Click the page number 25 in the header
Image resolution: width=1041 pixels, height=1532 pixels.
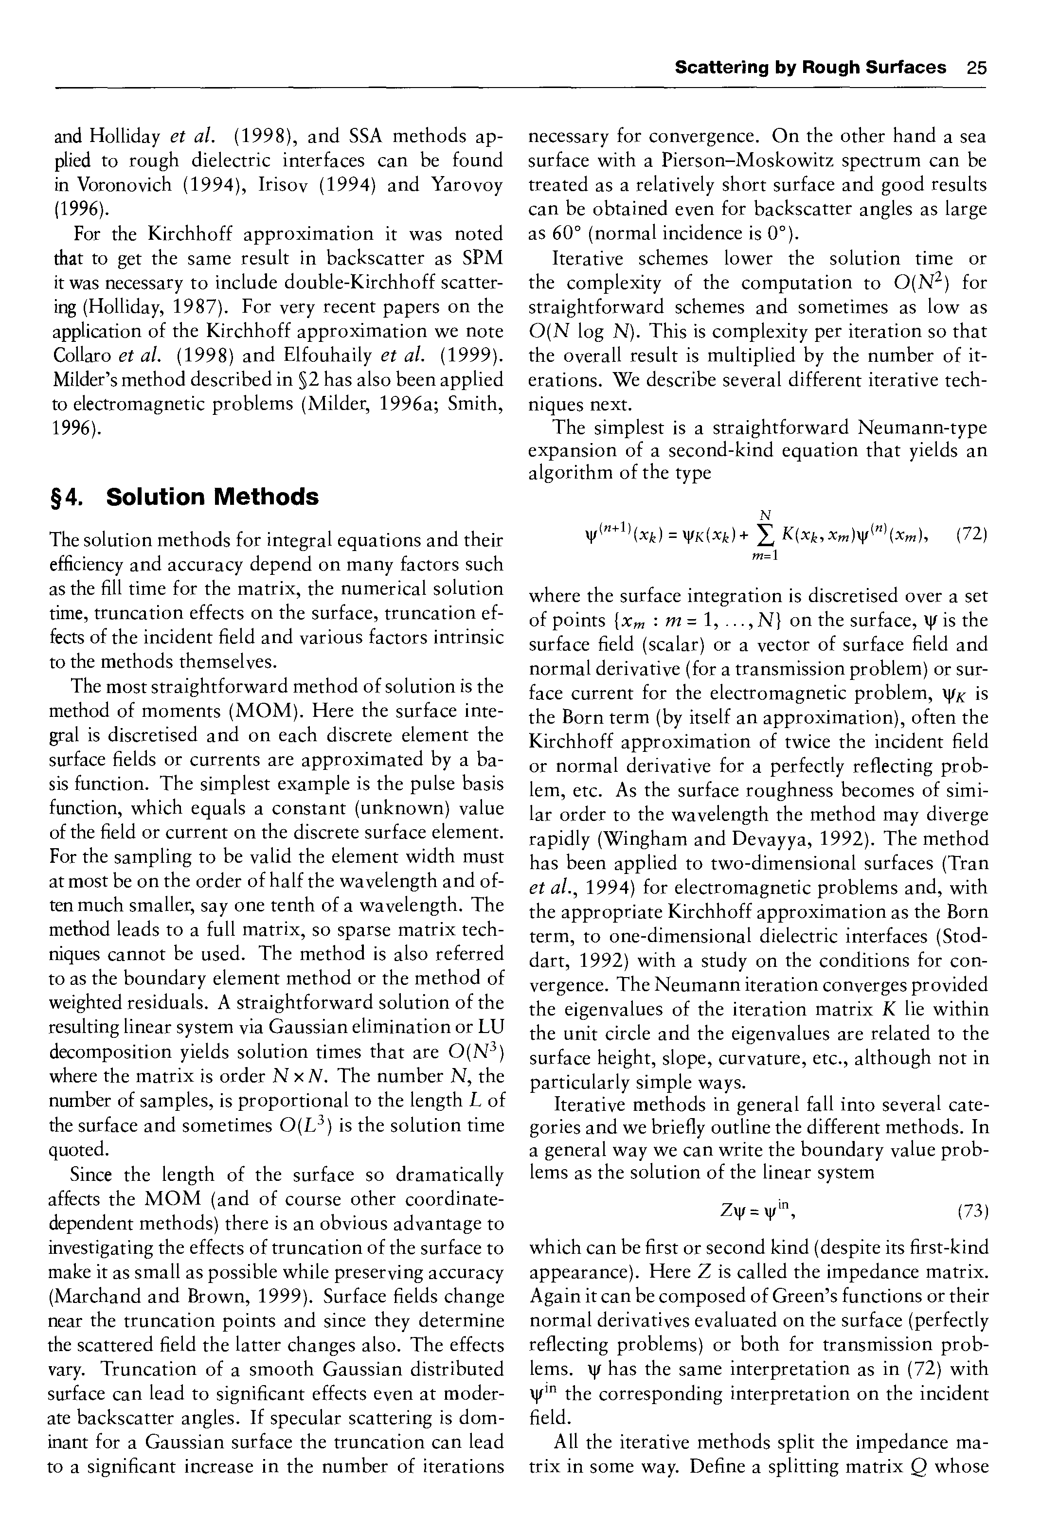coord(976,68)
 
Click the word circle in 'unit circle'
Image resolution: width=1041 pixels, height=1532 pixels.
coord(626,1033)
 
